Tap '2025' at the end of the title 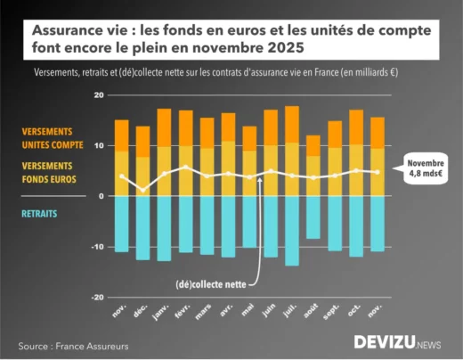pos(285,46)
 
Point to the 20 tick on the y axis pos(99,94)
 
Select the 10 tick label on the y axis pos(99,145)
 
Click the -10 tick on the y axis pos(97,247)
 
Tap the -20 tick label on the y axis pos(97,298)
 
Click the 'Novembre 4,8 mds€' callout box pos(425,169)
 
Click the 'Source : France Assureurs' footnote pos(74,345)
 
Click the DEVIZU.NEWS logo pos(396,341)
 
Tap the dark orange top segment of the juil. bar pos(292,124)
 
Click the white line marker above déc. pos(143,188)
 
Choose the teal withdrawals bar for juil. pos(292,230)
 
